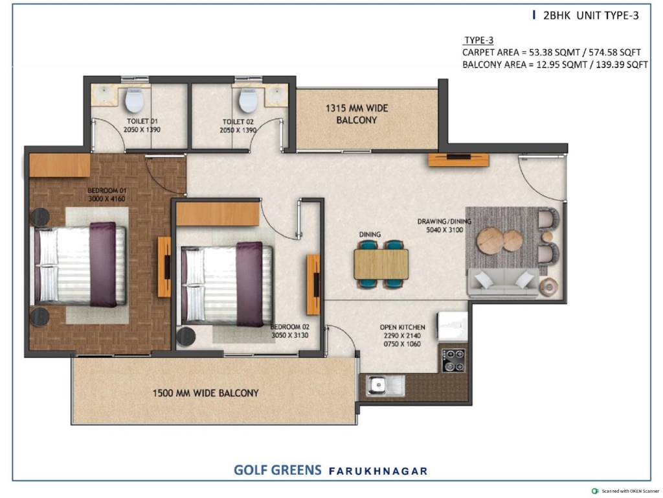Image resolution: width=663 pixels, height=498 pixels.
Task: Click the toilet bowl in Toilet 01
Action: click(135, 100)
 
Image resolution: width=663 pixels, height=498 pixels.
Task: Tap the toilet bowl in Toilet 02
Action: click(248, 100)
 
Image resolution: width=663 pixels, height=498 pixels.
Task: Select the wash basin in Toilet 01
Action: click(102, 94)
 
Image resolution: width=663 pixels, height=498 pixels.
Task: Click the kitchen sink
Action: click(385, 385)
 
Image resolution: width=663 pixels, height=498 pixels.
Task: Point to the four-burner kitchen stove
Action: click(453, 360)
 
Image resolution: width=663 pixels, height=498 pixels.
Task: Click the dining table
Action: click(381, 264)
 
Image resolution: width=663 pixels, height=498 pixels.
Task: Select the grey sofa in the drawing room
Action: click(502, 281)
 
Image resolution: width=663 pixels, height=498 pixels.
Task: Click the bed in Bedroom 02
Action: click(226, 284)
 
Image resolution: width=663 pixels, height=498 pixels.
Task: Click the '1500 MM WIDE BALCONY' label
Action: click(205, 393)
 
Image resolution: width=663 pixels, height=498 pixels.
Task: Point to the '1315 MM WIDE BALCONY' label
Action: click(357, 114)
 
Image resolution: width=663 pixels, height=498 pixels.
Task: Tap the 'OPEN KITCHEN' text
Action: click(402, 327)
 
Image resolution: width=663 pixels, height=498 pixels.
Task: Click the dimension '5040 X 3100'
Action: click(444, 230)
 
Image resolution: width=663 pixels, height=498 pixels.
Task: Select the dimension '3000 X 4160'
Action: click(107, 198)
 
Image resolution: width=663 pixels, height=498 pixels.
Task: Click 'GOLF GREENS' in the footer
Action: click(277, 470)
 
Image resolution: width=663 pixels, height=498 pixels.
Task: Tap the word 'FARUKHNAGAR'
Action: click(378, 471)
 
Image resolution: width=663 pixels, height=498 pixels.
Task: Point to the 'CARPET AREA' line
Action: click(552, 52)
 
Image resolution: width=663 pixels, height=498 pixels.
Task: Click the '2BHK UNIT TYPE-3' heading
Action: click(590, 16)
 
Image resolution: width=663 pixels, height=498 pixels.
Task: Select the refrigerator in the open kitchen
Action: click(453, 326)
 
